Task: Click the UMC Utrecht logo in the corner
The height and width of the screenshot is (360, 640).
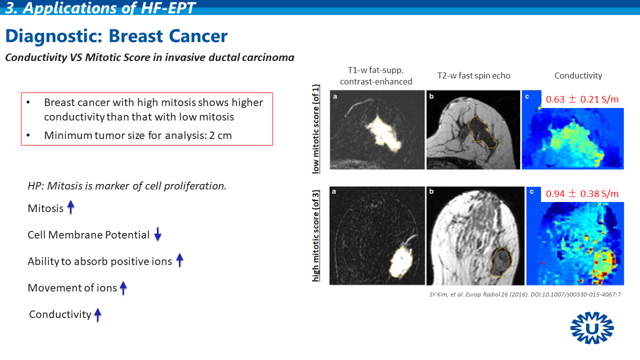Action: [x=592, y=327]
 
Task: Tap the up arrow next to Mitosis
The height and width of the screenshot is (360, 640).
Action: [x=70, y=207]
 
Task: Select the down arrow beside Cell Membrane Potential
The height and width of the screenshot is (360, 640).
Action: [x=157, y=234]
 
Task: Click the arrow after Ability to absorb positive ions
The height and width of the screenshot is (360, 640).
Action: [x=179, y=260]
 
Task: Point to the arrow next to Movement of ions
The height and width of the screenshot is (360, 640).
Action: [x=123, y=287]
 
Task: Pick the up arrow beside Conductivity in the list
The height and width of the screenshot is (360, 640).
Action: [x=97, y=314]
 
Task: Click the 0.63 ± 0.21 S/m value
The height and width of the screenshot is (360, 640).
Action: [x=582, y=99]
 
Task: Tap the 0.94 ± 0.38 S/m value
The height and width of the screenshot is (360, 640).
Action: [x=582, y=193]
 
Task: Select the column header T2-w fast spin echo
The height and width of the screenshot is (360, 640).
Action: [x=473, y=75]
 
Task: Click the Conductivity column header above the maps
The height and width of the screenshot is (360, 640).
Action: [x=578, y=75]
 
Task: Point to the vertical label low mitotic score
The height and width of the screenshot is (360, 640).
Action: [x=315, y=129]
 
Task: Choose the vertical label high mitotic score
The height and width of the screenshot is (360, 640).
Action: [x=315, y=235]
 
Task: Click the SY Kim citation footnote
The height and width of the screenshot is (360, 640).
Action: [x=525, y=294]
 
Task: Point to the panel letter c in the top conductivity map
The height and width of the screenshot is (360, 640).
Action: [x=527, y=96]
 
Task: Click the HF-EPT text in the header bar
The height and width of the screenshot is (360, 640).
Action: [x=168, y=7]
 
